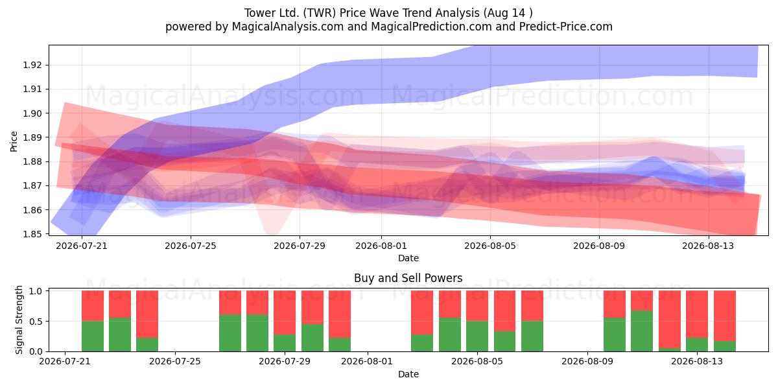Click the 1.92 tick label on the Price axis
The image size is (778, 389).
(32, 65)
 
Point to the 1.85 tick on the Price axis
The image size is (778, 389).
(32, 234)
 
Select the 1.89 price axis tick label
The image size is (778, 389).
(32, 137)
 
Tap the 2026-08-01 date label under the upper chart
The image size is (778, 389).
(381, 246)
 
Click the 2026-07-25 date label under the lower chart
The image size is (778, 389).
(174, 361)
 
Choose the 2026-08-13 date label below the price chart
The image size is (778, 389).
(708, 246)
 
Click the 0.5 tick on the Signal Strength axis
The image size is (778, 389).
(36, 322)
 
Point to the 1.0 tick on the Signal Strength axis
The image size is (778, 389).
(36, 291)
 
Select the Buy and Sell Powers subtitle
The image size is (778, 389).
(408, 278)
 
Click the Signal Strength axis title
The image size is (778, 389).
(19, 320)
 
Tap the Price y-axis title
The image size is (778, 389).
(14, 141)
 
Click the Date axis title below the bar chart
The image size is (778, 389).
(408, 374)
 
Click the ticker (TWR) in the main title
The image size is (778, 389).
(319, 13)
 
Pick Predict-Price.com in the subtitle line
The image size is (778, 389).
(566, 27)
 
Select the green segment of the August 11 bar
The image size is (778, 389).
(642, 331)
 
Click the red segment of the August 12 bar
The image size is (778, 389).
(670, 320)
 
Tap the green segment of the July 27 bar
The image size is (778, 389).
(230, 333)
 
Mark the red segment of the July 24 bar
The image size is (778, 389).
(147, 314)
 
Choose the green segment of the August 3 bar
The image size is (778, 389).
(422, 343)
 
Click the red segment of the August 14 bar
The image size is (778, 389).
(725, 316)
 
